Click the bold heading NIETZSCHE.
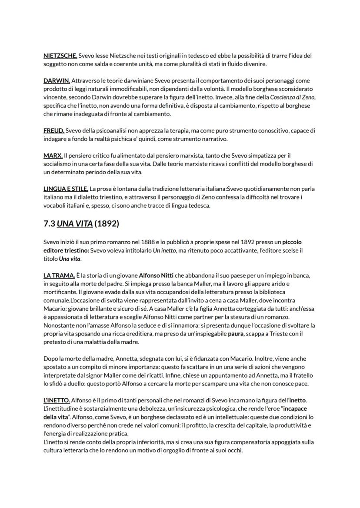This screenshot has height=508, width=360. pyautogui.click(x=60, y=56)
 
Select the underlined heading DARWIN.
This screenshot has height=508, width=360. pyautogui.click(x=57, y=81)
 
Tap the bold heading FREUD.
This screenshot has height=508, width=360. pyautogui.click(x=54, y=130)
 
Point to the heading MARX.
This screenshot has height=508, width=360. pyautogui.click(x=53, y=156)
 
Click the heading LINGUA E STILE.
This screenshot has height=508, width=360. pyautogui.click(x=66, y=189)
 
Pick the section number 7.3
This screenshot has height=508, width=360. pyautogui.click(x=49, y=224)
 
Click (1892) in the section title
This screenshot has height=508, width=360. pyautogui.click(x=107, y=224)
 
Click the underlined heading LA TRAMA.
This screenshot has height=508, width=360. pyautogui.click(x=59, y=276)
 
